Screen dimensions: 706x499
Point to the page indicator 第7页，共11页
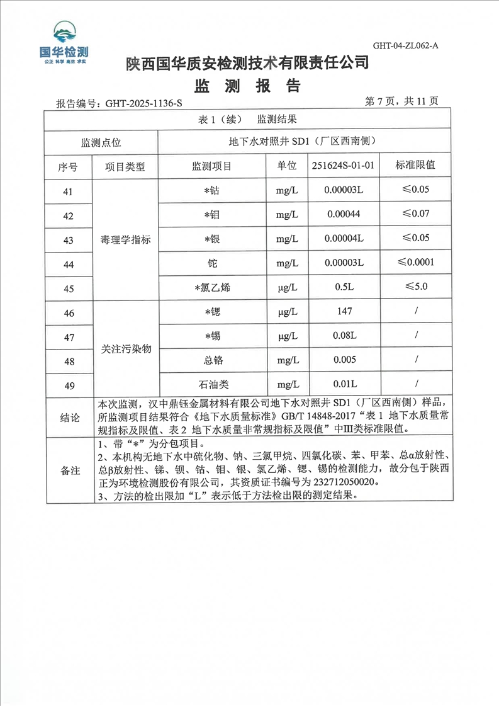pos(401,101)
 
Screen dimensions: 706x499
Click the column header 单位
pos(286,166)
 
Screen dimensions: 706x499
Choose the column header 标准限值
pos(415,166)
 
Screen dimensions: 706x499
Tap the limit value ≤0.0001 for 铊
pos(415,263)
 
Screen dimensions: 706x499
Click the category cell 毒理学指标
pos(126,239)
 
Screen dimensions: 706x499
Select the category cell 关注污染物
pos(126,348)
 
